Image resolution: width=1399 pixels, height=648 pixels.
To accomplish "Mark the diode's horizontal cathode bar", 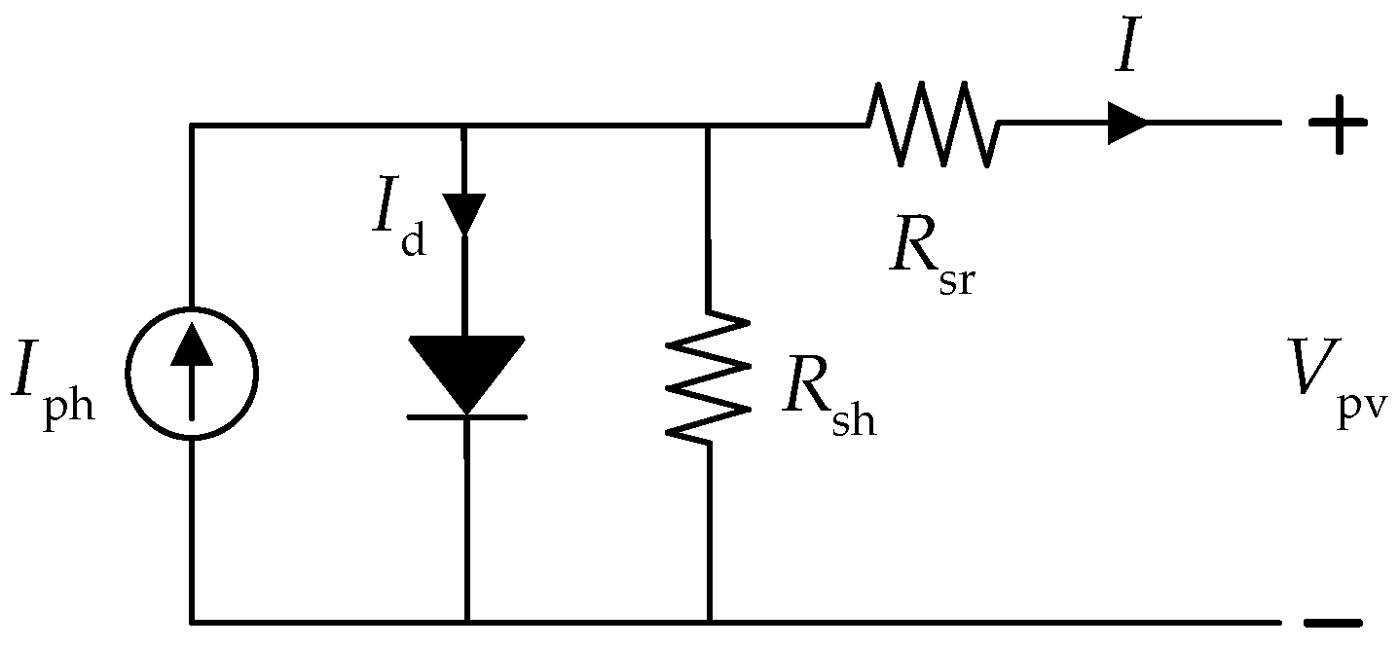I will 466,416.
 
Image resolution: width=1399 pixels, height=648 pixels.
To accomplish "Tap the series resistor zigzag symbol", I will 933,124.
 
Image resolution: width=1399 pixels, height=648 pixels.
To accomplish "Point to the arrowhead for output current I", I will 1127,124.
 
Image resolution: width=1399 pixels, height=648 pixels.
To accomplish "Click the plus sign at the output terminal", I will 1338,124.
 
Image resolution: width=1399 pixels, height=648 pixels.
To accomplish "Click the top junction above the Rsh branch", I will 708,125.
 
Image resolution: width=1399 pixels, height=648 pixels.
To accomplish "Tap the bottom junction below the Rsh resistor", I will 709,621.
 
